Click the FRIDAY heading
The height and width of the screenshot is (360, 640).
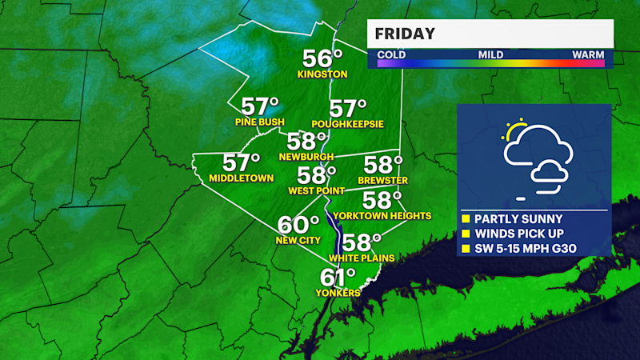(406, 34)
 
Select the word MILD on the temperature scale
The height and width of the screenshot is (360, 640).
(490, 54)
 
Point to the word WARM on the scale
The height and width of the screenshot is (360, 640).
(587, 54)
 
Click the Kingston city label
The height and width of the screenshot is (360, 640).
(322, 74)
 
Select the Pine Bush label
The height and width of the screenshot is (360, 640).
(260, 122)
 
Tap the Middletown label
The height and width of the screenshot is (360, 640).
(240, 178)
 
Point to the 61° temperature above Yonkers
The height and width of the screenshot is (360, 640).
(338, 278)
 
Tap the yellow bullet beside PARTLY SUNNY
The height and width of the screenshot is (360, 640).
(466, 218)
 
